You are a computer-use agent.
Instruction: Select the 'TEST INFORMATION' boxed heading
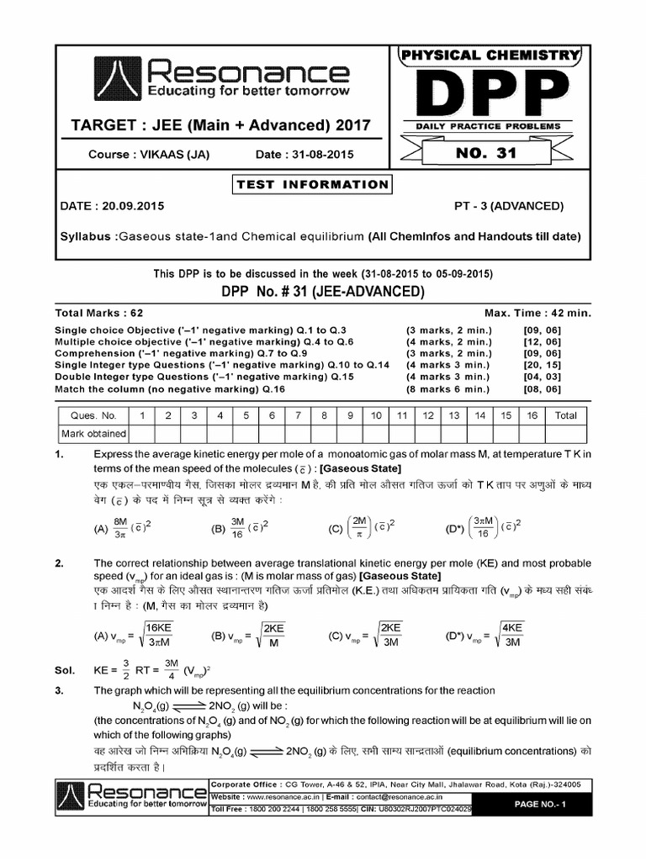tap(312, 184)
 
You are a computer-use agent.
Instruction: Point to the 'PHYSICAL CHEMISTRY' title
tap(489, 55)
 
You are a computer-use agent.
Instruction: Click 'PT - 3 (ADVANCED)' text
tap(509, 206)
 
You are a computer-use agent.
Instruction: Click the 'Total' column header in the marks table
tap(565, 415)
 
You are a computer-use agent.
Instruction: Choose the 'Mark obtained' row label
tap(93, 434)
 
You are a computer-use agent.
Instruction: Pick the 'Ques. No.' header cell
tap(93, 415)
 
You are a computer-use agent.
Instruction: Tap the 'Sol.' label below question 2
tap(64, 670)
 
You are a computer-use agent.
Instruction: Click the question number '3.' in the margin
tap(59, 690)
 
